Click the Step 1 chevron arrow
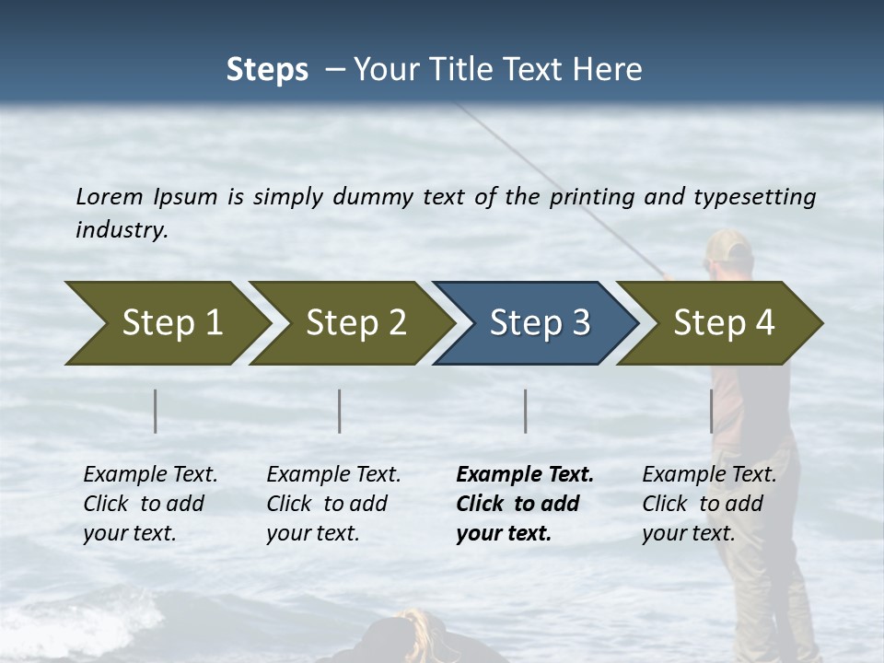(x=166, y=323)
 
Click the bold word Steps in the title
(x=267, y=70)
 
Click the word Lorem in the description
(x=110, y=197)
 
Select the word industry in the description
(x=122, y=230)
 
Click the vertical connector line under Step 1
(x=156, y=411)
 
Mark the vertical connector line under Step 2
(x=340, y=411)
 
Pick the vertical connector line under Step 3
(x=526, y=411)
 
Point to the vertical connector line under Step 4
(x=711, y=411)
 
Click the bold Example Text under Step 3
(x=525, y=475)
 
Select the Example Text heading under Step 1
(x=150, y=475)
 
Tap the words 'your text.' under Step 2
(x=312, y=533)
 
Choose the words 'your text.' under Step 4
(x=688, y=533)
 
